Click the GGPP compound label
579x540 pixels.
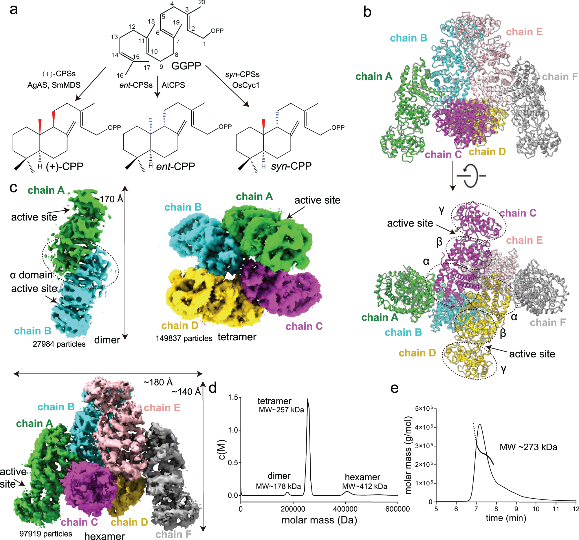pos(186,66)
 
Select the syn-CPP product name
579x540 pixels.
pos(291,166)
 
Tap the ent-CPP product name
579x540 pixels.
pos(175,166)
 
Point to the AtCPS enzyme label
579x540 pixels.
pos(173,85)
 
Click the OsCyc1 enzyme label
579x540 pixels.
pos(245,85)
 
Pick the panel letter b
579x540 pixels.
pos(367,12)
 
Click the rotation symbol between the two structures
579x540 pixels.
pos(471,176)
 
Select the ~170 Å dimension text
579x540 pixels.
pos(109,199)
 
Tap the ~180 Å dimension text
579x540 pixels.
pos(158,382)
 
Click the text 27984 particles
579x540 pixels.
pos(59,344)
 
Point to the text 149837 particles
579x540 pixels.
pos(184,338)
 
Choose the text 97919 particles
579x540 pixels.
pos(46,534)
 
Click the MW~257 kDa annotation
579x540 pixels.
pos(281,410)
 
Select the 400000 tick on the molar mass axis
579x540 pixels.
pos(345,509)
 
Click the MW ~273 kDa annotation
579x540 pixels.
pos(528,447)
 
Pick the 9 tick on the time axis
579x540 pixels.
pos(516,509)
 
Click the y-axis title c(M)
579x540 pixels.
pos(222,450)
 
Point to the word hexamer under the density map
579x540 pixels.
pos(105,536)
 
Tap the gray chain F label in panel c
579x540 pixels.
pos(173,534)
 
